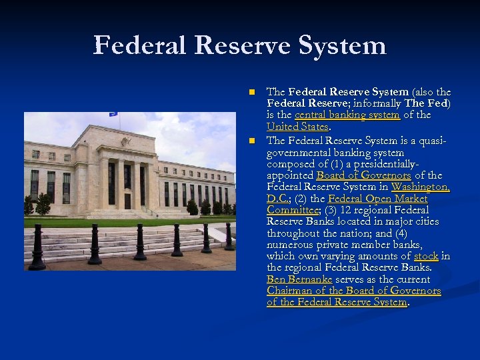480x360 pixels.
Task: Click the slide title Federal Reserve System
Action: coord(240,46)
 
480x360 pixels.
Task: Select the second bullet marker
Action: coord(251,141)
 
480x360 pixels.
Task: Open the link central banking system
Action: coord(347,115)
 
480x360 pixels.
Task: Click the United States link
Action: coord(297,127)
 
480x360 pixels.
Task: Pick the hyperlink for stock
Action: coord(426,256)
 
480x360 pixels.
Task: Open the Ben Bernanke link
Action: coord(299,279)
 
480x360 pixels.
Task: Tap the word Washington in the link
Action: coord(420,187)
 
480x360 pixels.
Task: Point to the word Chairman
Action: coord(291,291)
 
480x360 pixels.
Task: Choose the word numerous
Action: coord(287,245)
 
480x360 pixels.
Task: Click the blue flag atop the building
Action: coord(113,115)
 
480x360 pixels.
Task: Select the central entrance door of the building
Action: coord(127,201)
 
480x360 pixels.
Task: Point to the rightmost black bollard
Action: coord(229,237)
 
